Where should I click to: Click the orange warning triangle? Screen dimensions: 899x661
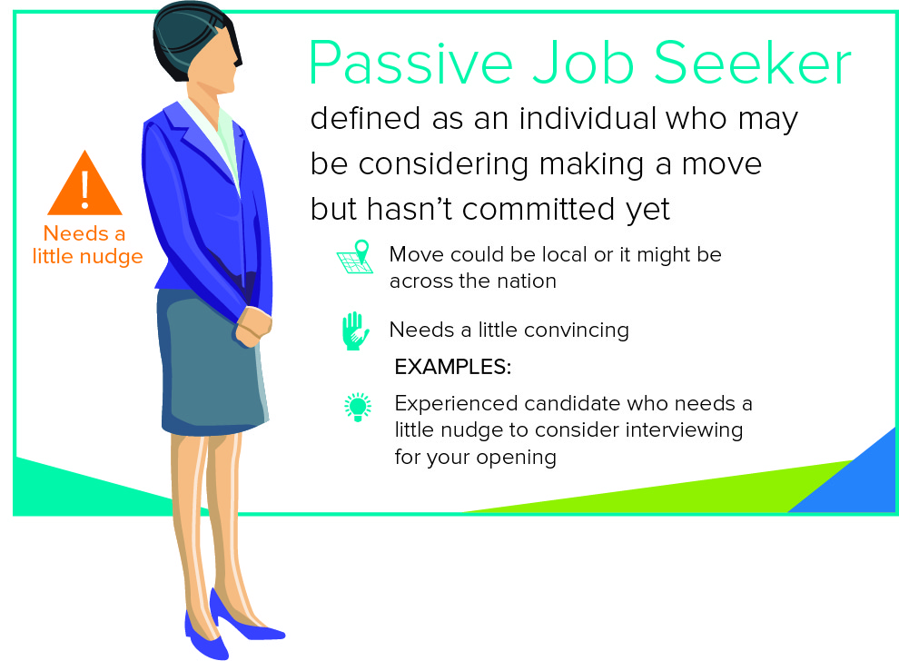[84, 184]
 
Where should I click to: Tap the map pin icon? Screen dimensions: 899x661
[355, 256]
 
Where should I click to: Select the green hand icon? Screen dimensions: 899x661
[355, 330]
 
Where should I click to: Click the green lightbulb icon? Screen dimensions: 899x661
[358, 407]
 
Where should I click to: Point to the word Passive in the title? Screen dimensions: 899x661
[410, 63]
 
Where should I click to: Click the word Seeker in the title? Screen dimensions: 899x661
[752, 63]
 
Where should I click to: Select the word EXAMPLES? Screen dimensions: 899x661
[452, 367]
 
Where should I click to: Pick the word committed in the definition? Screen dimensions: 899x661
[537, 209]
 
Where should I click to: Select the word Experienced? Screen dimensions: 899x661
[456, 404]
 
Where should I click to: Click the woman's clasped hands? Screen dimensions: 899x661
[252, 327]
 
